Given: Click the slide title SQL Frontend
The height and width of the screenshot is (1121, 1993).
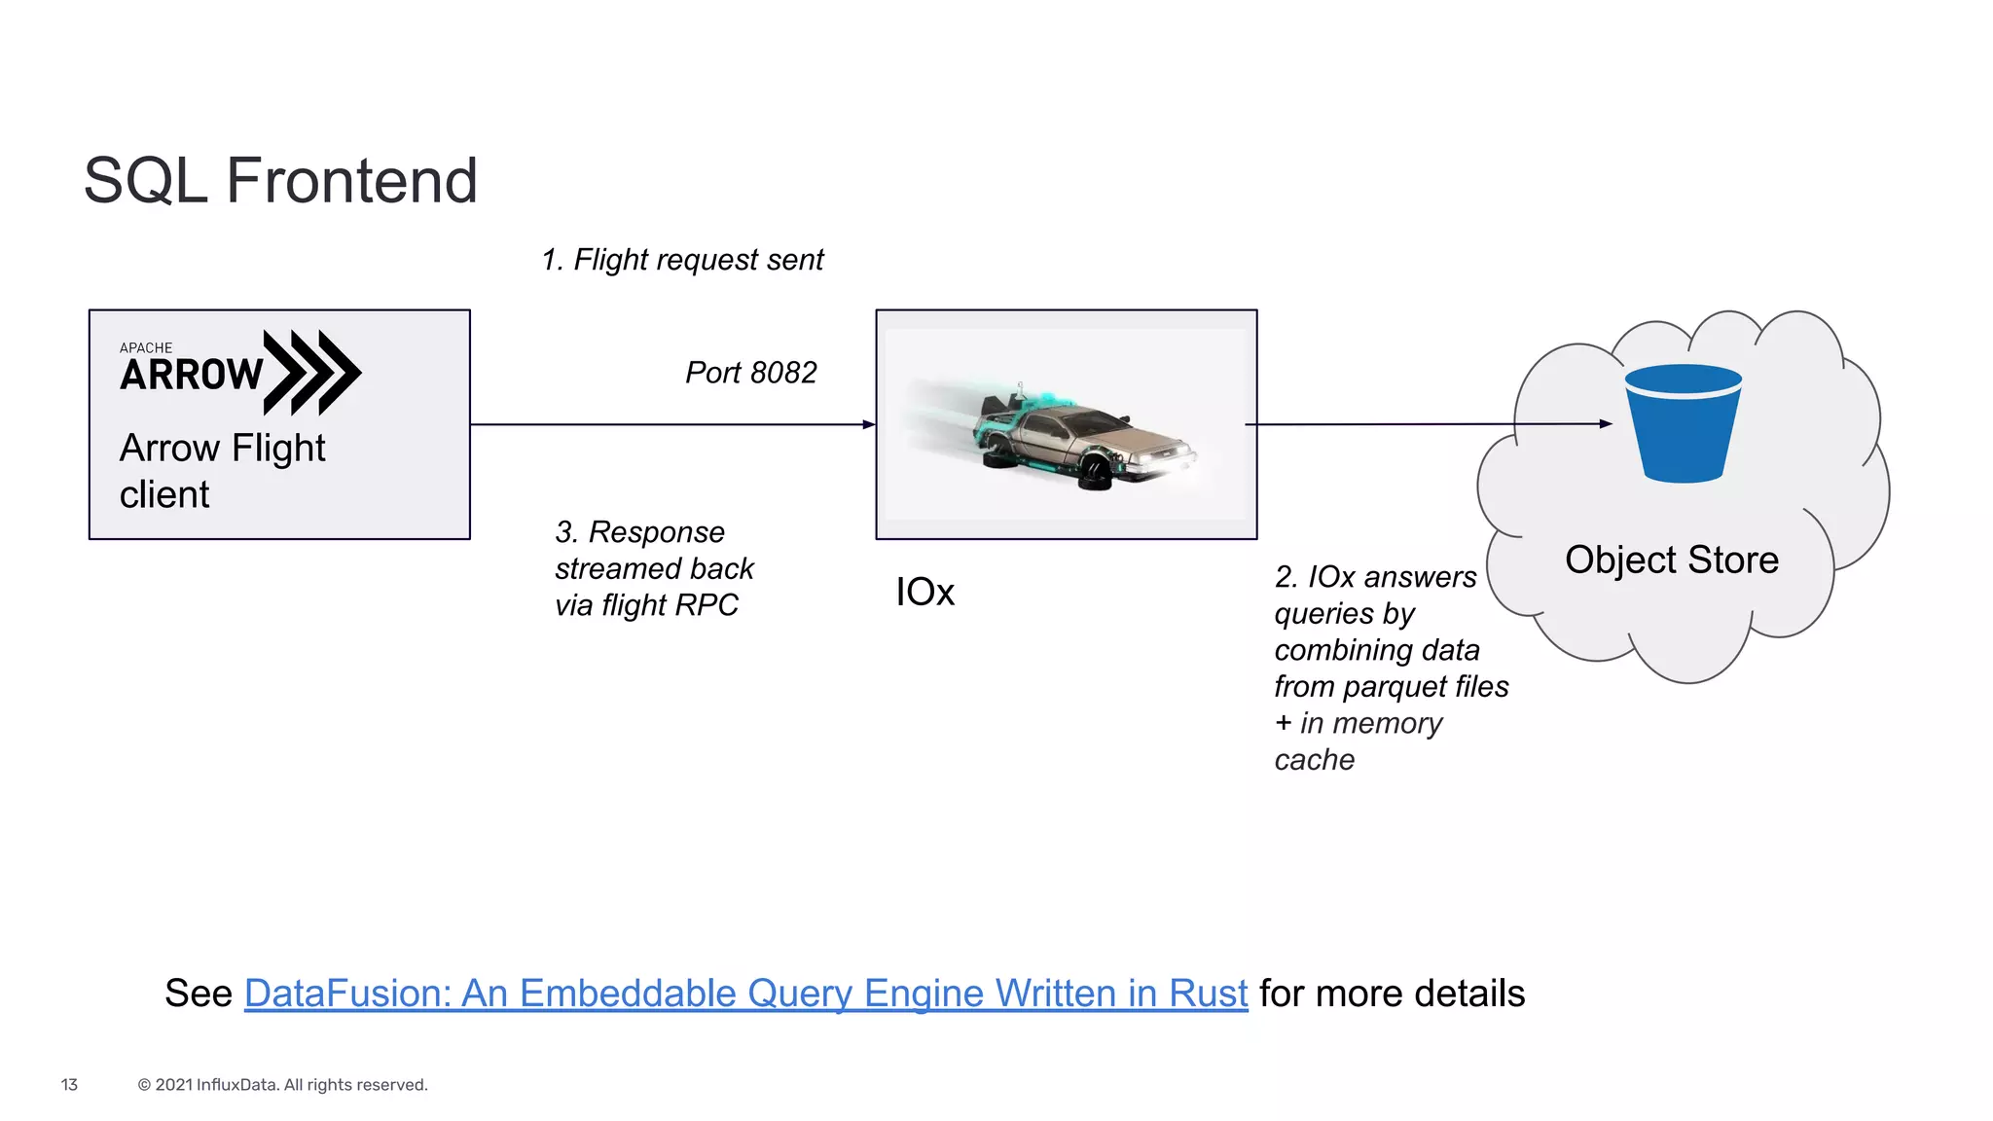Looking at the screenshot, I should click(280, 181).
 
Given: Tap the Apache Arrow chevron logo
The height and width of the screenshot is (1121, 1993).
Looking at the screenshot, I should click(311, 372).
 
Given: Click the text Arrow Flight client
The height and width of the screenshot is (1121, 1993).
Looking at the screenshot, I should click(222, 471).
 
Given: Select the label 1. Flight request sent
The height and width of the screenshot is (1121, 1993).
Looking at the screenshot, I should click(682, 260).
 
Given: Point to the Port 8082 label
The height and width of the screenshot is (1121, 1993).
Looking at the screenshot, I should click(750, 373).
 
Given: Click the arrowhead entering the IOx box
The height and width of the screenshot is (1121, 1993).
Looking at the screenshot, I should click(869, 424).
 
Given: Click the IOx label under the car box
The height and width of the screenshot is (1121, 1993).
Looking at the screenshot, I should click(924, 592).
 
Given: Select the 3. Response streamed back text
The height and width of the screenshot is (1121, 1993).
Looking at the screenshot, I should click(654, 568).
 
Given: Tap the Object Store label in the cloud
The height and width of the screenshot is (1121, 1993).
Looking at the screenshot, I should click(1671, 560).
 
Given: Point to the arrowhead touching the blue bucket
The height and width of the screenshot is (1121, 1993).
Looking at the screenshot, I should click(1606, 423).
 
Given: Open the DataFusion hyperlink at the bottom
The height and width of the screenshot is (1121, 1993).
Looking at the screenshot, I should click(745, 994).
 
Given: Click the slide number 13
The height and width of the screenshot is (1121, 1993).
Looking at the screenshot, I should click(69, 1084).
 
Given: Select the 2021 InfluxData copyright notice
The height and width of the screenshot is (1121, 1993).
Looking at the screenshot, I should click(282, 1084).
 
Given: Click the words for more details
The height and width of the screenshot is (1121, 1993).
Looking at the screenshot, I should click(1392, 994).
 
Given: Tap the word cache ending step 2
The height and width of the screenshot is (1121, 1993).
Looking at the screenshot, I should click(1314, 760).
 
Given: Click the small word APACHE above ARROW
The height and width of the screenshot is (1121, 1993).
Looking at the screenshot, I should click(146, 347).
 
